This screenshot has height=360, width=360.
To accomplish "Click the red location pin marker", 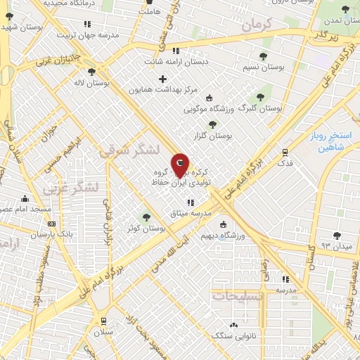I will (x=180, y=166).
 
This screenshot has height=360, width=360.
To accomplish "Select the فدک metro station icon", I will (x=285, y=152).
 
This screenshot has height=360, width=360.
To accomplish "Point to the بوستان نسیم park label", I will (x=264, y=68).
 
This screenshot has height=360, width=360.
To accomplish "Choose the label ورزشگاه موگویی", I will (x=210, y=110).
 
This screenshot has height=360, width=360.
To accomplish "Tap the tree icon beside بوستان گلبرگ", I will (x=260, y=97).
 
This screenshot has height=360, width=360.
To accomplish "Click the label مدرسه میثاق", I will (x=190, y=213).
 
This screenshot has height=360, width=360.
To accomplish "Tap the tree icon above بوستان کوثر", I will (x=146, y=217).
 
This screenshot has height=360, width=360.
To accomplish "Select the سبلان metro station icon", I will (x=103, y=321).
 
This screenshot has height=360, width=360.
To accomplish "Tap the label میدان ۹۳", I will (x=335, y=245).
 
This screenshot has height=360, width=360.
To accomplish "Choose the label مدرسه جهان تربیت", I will (x=65, y=34).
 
